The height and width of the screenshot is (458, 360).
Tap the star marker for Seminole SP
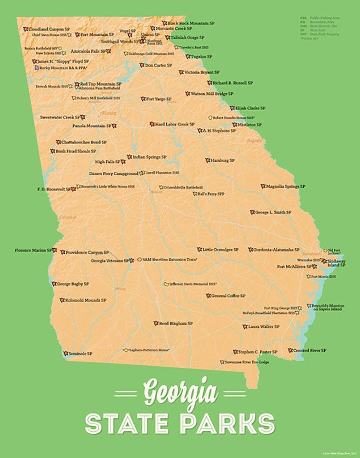[66, 354]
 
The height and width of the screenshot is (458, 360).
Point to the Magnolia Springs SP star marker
[263, 186]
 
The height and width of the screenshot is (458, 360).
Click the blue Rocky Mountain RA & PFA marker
[36, 67]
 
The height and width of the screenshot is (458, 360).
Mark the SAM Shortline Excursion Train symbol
[139, 259]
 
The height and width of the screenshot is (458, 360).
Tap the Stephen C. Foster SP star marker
[235, 352]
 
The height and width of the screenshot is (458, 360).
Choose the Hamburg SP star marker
[207, 160]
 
